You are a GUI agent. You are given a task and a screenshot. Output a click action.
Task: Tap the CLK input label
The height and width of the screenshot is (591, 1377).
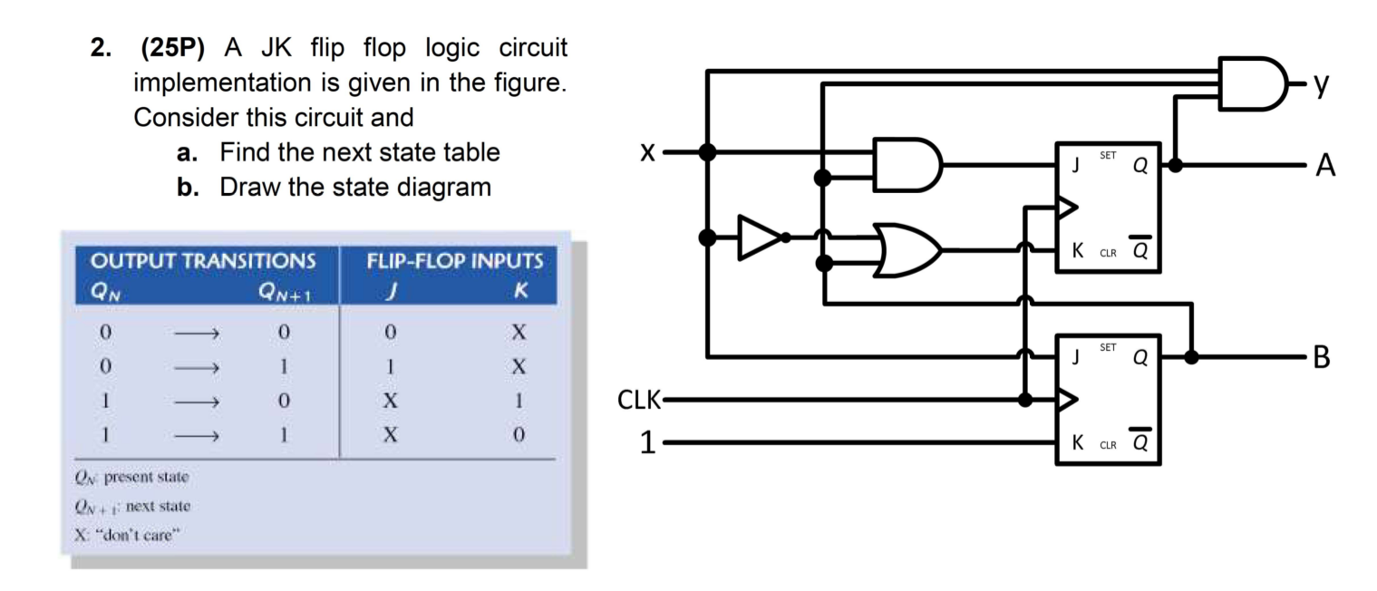click(x=639, y=400)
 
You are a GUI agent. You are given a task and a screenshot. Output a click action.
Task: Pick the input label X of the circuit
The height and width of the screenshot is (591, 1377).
click(x=646, y=152)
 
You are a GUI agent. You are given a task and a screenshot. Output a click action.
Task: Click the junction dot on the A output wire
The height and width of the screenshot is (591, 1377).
click(x=1176, y=165)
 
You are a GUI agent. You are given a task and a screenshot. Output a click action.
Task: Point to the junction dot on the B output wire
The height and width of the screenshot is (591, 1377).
click(x=1192, y=356)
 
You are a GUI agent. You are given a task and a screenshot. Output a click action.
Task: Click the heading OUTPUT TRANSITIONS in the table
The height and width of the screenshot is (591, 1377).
click(x=203, y=262)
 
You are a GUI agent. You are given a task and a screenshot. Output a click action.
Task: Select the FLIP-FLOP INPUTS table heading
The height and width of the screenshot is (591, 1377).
click(x=454, y=262)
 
